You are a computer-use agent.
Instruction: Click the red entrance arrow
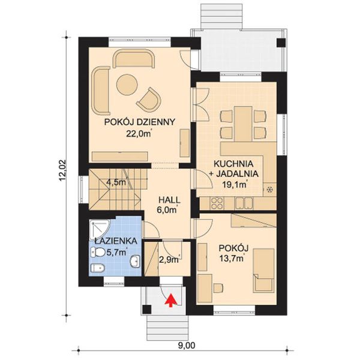pyautogui.click(x=172, y=300)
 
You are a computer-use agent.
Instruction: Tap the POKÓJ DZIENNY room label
pyautogui.click(x=140, y=122)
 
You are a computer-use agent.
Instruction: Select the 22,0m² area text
pyautogui.click(x=139, y=133)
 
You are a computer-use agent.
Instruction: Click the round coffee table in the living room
pyautogui.click(x=127, y=85)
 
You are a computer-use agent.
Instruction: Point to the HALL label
pyautogui.click(x=169, y=200)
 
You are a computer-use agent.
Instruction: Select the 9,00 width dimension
pyautogui.click(x=187, y=345)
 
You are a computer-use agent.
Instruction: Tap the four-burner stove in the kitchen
pyautogui.click(x=217, y=203)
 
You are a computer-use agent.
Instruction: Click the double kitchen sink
pyautogui.click(x=244, y=203)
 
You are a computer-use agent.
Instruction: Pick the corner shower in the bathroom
pyautogui.click(x=99, y=230)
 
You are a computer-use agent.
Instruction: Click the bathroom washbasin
pyautogui.click(x=136, y=261)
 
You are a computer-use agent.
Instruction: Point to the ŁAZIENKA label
pyautogui.click(x=116, y=241)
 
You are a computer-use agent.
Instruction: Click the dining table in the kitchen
pyautogui.click(x=244, y=124)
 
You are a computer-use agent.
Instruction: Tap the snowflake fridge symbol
pyautogui.click(x=269, y=190)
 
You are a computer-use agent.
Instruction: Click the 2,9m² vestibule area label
pyautogui.click(x=169, y=260)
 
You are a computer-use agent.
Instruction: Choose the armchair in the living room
pyautogui.click(x=149, y=99)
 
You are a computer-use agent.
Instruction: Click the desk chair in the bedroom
pyautogui.click(x=218, y=288)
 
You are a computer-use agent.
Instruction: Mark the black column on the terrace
pyautogui.click(x=281, y=43)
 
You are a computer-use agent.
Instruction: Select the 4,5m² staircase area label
pyautogui.click(x=116, y=182)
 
